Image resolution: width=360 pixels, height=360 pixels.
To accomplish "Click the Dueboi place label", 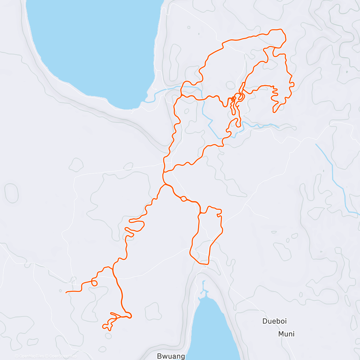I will (274, 321).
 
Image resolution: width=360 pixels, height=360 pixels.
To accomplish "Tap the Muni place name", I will (286, 334).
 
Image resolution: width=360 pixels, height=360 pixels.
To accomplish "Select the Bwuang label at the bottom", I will (167, 356).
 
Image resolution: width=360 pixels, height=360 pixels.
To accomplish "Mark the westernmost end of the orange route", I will (66, 292).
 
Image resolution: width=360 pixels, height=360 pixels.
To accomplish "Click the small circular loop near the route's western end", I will (94, 283).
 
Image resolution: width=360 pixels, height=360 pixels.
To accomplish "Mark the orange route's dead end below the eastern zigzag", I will (274, 112).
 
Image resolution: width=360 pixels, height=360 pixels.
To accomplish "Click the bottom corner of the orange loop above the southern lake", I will (206, 264).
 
